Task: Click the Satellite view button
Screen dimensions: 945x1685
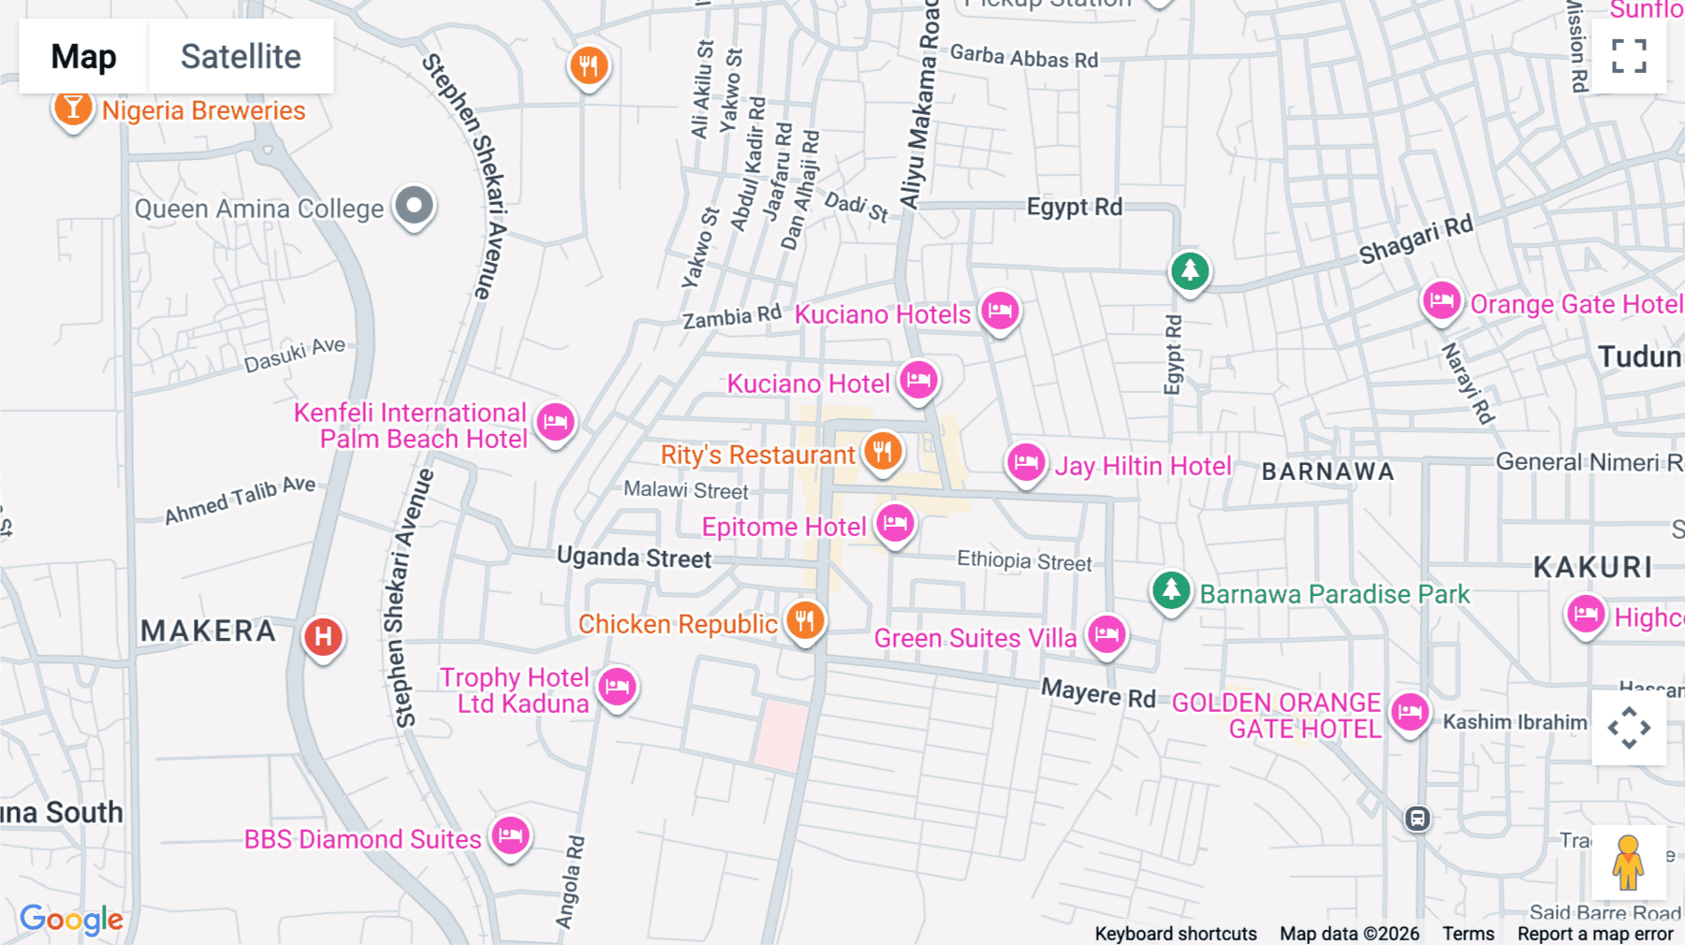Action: point(241,56)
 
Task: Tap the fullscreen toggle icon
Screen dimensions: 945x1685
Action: point(1629,56)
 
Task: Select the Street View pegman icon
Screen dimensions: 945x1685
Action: point(1628,862)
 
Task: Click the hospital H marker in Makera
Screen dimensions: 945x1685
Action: point(323,637)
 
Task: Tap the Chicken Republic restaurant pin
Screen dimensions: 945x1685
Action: point(805,620)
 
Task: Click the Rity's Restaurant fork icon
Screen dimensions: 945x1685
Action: point(882,452)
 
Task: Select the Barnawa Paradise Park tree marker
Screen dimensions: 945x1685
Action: point(1170,590)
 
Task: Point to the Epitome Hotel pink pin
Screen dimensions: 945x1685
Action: point(895,523)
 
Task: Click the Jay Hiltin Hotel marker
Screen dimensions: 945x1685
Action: point(1026,462)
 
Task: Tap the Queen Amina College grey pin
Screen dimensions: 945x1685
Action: point(414,205)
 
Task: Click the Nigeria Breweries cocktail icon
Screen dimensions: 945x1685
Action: point(72,108)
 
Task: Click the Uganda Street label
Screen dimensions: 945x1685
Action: point(634,558)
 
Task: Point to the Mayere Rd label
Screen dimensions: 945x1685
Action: point(1098,694)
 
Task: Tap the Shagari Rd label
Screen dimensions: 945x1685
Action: point(1415,240)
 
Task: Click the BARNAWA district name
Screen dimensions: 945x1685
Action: point(1327,472)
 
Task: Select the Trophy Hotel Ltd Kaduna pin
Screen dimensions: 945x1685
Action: point(617,687)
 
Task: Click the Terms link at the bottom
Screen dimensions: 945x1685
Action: point(1468,934)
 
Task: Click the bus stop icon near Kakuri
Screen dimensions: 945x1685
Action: point(1417,819)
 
